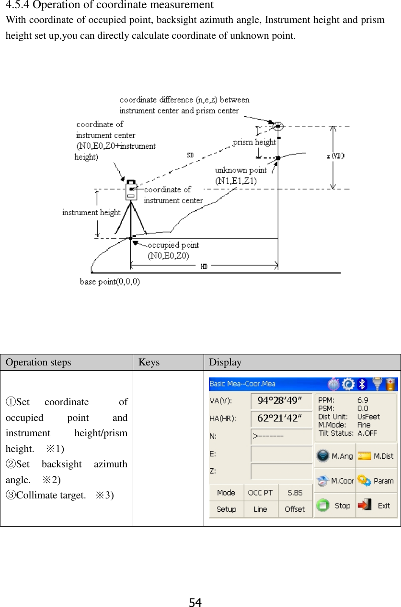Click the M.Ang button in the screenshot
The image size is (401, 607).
point(334,456)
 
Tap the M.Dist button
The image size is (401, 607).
point(376,456)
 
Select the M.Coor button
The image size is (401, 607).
point(334,481)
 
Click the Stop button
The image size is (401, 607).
point(334,506)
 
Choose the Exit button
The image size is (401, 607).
point(376,506)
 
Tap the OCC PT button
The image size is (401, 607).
point(260,493)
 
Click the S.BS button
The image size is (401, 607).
point(295,493)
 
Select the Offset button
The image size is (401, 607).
point(295,509)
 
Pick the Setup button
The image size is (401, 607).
point(226,509)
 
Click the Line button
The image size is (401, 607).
point(260,509)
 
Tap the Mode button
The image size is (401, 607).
point(226,493)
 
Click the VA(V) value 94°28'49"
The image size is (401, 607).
point(281,401)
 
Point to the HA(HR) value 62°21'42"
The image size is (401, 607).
point(281,419)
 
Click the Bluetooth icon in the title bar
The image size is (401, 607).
point(363,384)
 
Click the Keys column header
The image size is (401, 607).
point(149,362)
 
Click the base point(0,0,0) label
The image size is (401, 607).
point(110,282)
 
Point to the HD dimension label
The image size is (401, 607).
point(204,267)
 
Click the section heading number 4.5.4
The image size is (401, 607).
point(18,5)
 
